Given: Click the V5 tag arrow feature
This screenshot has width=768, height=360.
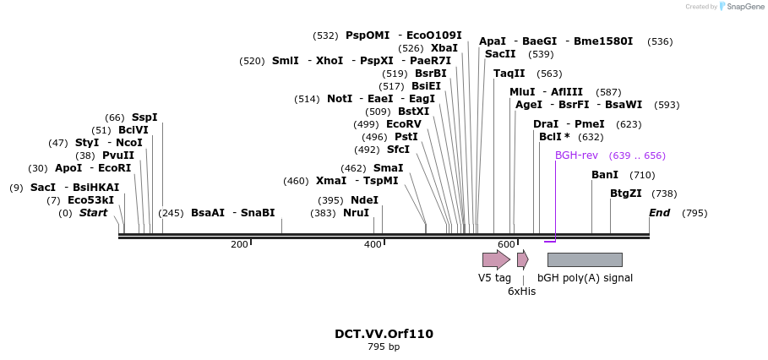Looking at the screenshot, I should point(496,259).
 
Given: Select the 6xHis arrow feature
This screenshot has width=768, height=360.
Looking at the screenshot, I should point(522,259).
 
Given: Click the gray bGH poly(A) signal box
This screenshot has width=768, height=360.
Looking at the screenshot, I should point(585,259).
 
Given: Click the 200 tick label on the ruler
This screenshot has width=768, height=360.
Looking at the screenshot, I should point(240,244).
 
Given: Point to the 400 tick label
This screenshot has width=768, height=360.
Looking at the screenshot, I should point(373,244).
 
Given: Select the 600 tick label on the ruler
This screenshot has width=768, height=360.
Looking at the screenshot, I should point(506,244).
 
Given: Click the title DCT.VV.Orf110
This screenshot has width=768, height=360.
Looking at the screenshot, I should point(384,334).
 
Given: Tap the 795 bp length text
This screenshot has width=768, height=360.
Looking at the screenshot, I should point(384,346).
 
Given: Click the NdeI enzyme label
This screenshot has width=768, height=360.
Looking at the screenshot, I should point(364,200).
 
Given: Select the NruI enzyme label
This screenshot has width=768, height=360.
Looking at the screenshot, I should point(356,213).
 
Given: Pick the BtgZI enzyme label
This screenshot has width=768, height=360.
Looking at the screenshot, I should point(626,194).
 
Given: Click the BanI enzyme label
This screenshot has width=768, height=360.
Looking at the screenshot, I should point(605,175).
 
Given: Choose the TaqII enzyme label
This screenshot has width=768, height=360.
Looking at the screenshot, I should point(509,74).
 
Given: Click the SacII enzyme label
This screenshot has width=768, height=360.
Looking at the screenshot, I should point(500,54).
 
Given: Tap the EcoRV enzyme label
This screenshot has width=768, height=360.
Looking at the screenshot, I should point(403,124).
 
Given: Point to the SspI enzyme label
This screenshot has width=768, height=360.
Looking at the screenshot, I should point(144,117).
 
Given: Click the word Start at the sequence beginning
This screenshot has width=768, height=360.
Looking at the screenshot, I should point(93,213).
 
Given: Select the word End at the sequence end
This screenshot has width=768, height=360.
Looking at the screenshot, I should point(659,213).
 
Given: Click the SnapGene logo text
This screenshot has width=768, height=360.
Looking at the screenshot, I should point(743,7).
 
